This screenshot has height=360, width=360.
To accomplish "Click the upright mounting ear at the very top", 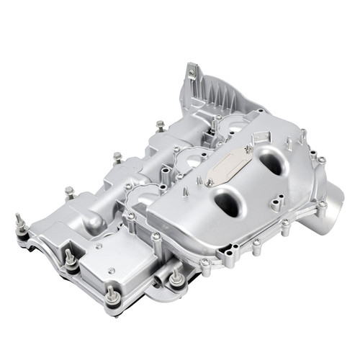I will click(x=191, y=73).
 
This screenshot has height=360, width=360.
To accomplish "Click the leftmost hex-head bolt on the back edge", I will click(x=70, y=192).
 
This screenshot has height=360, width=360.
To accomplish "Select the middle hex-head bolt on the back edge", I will click(x=117, y=157).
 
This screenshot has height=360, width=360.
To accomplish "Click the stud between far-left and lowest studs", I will click(x=70, y=259).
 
